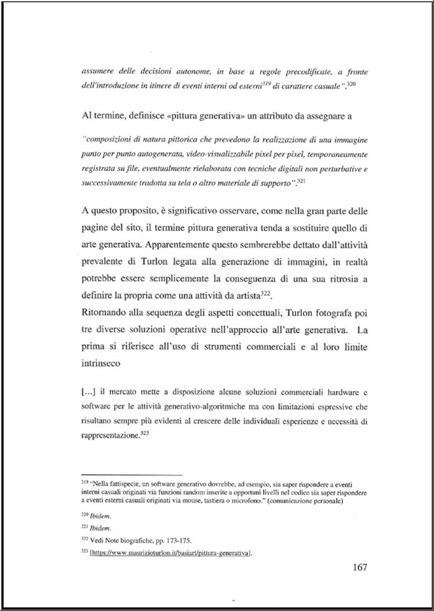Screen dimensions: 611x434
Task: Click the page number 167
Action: pyautogui.click(x=359, y=567)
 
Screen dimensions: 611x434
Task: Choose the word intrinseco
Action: pyautogui.click(x=101, y=363)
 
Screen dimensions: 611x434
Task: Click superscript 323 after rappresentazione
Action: pyautogui.click(x=145, y=433)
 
